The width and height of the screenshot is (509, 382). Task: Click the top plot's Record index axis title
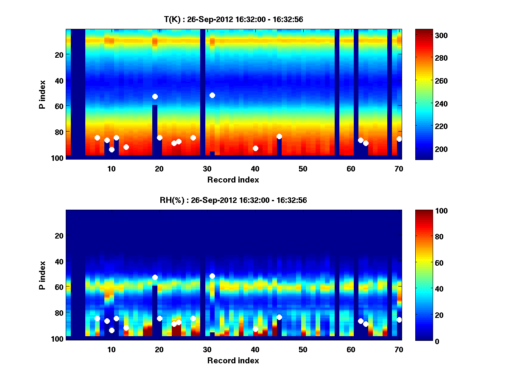click(233, 180)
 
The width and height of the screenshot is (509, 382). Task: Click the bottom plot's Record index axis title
click(233, 360)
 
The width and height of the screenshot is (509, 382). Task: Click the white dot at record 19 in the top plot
click(155, 97)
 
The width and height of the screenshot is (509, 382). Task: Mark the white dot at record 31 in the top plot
click(212, 95)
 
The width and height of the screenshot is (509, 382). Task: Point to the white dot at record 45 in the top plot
click(279, 136)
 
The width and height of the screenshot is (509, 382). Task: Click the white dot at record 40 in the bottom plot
click(255, 329)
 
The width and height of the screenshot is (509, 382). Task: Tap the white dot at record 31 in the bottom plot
click(212, 276)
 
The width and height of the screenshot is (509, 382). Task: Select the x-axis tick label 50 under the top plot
click(303, 169)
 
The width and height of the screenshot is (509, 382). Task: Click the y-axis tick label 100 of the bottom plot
click(58, 339)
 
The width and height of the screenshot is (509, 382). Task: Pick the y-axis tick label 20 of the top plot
click(59, 55)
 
